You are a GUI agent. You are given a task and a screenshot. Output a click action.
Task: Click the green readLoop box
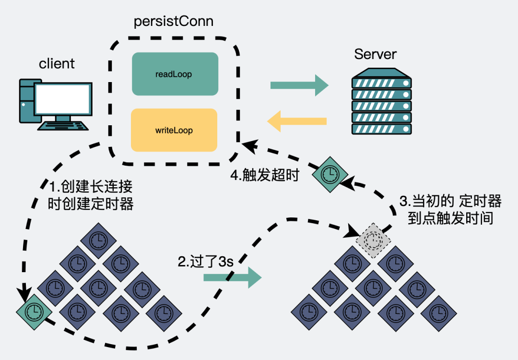(x=175, y=74)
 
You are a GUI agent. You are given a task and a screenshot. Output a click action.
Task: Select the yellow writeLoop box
(x=174, y=130)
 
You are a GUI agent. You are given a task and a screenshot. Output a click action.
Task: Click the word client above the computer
(x=57, y=63)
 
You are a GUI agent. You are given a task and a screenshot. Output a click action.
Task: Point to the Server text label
(x=375, y=54)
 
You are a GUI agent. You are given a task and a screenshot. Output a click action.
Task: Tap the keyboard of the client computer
(x=64, y=126)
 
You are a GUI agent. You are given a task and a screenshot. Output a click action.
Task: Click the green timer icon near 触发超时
(x=329, y=172)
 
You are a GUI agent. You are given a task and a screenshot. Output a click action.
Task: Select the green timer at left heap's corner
(x=34, y=311)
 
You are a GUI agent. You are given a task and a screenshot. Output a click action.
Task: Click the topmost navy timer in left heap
(x=98, y=239)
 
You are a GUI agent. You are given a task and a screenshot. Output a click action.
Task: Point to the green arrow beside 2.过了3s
(x=232, y=277)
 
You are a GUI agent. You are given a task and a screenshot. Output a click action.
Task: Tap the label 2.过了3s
(x=205, y=262)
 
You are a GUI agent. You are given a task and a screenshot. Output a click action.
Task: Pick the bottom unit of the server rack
(x=382, y=129)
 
